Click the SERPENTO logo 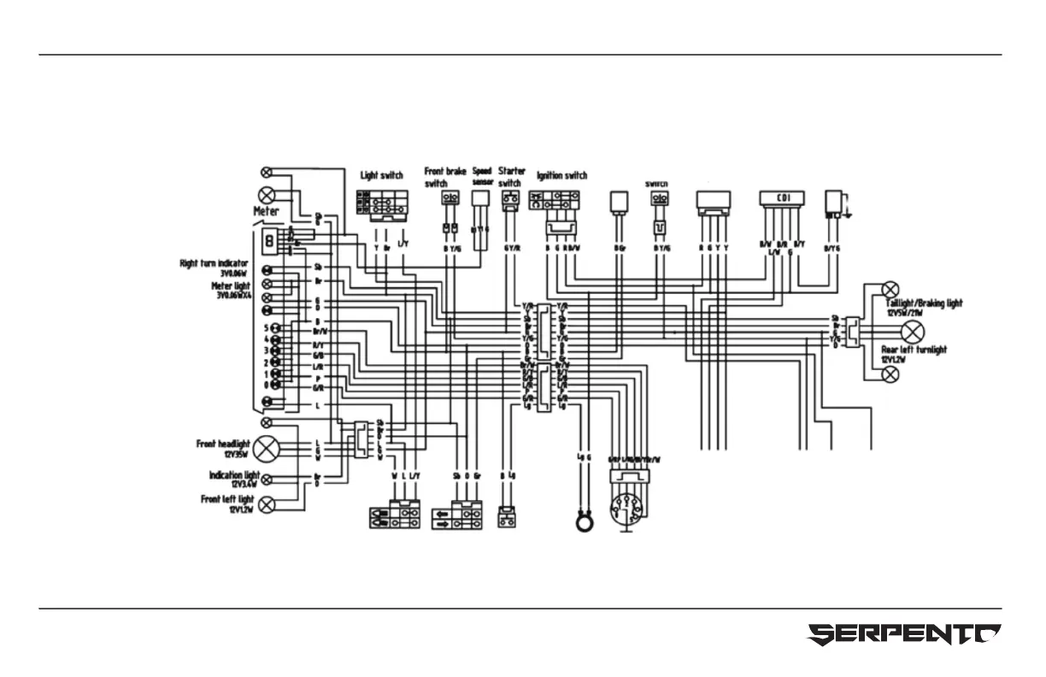click(904, 635)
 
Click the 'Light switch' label click(381, 176)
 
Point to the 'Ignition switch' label click(561, 176)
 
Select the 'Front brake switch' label click(445, 177)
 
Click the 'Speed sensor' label click(482, 176)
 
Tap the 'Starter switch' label click(511, 176)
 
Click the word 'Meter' click(266, 211)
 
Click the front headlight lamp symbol click(267, 448)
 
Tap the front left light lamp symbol click(267, 503)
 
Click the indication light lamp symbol click(267, 479)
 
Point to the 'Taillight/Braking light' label click(924, 303)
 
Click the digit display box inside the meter click(269, 241)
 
